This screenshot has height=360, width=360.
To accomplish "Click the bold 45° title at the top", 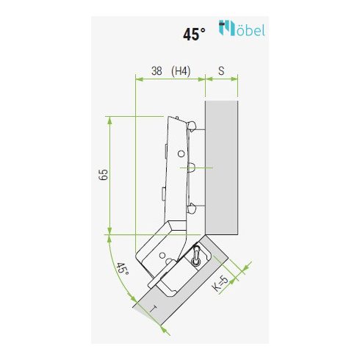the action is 194,34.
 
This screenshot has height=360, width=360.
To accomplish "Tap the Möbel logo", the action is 242,28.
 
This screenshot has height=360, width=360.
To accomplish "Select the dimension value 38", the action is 156,71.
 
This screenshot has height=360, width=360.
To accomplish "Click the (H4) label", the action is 181,71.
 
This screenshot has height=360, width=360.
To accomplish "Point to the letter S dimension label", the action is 221,71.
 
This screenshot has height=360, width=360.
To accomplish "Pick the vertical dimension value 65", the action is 103,175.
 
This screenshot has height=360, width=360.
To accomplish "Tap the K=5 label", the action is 220,284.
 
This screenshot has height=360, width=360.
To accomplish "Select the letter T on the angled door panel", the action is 154,309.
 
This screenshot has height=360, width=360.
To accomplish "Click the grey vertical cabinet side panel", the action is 221,168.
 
